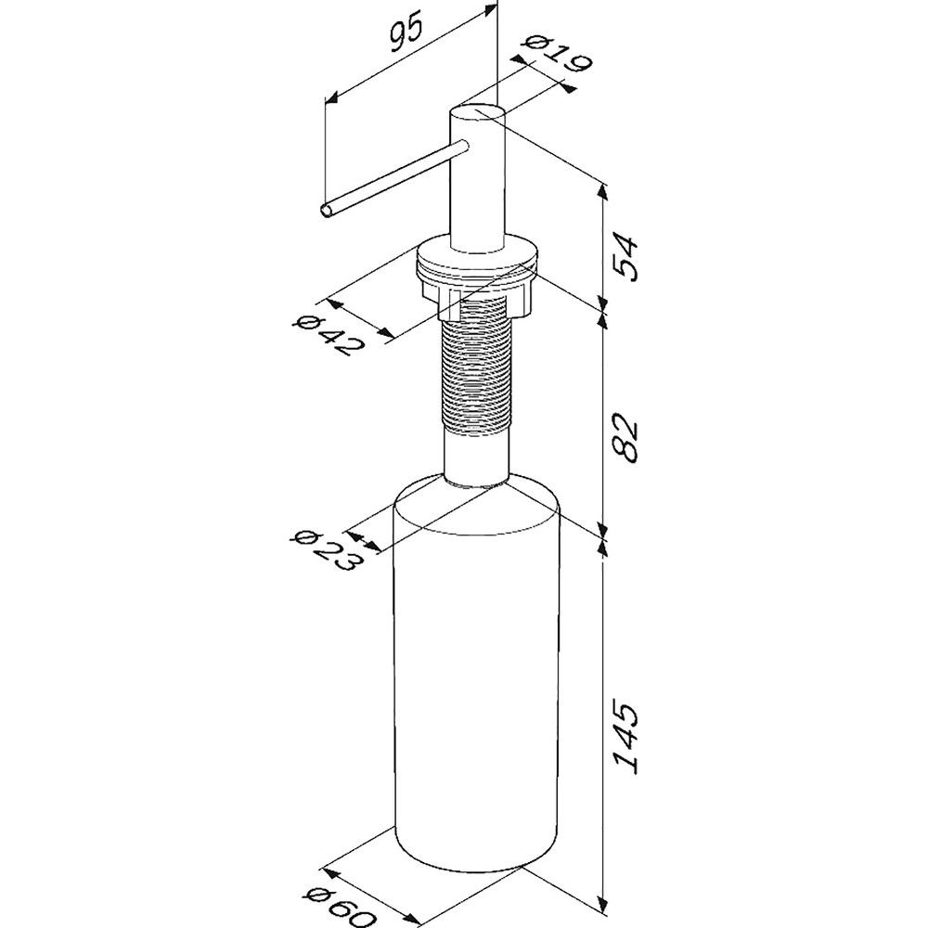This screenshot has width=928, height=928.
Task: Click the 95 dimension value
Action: coord(406,33)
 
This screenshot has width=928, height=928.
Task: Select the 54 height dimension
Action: coord(626,258)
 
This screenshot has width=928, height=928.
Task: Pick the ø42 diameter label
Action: coord(328,335)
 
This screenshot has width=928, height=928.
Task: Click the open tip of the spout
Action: coord(326,210)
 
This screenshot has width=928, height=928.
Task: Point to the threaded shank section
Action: coord(476,370)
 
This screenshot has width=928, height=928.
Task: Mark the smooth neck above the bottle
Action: coord(476,459)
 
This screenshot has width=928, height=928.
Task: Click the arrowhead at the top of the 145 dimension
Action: coord(604,548)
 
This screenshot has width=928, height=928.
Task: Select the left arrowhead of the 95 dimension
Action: coord(332,99)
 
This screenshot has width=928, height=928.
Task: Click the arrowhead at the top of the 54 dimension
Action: coord(604,191)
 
